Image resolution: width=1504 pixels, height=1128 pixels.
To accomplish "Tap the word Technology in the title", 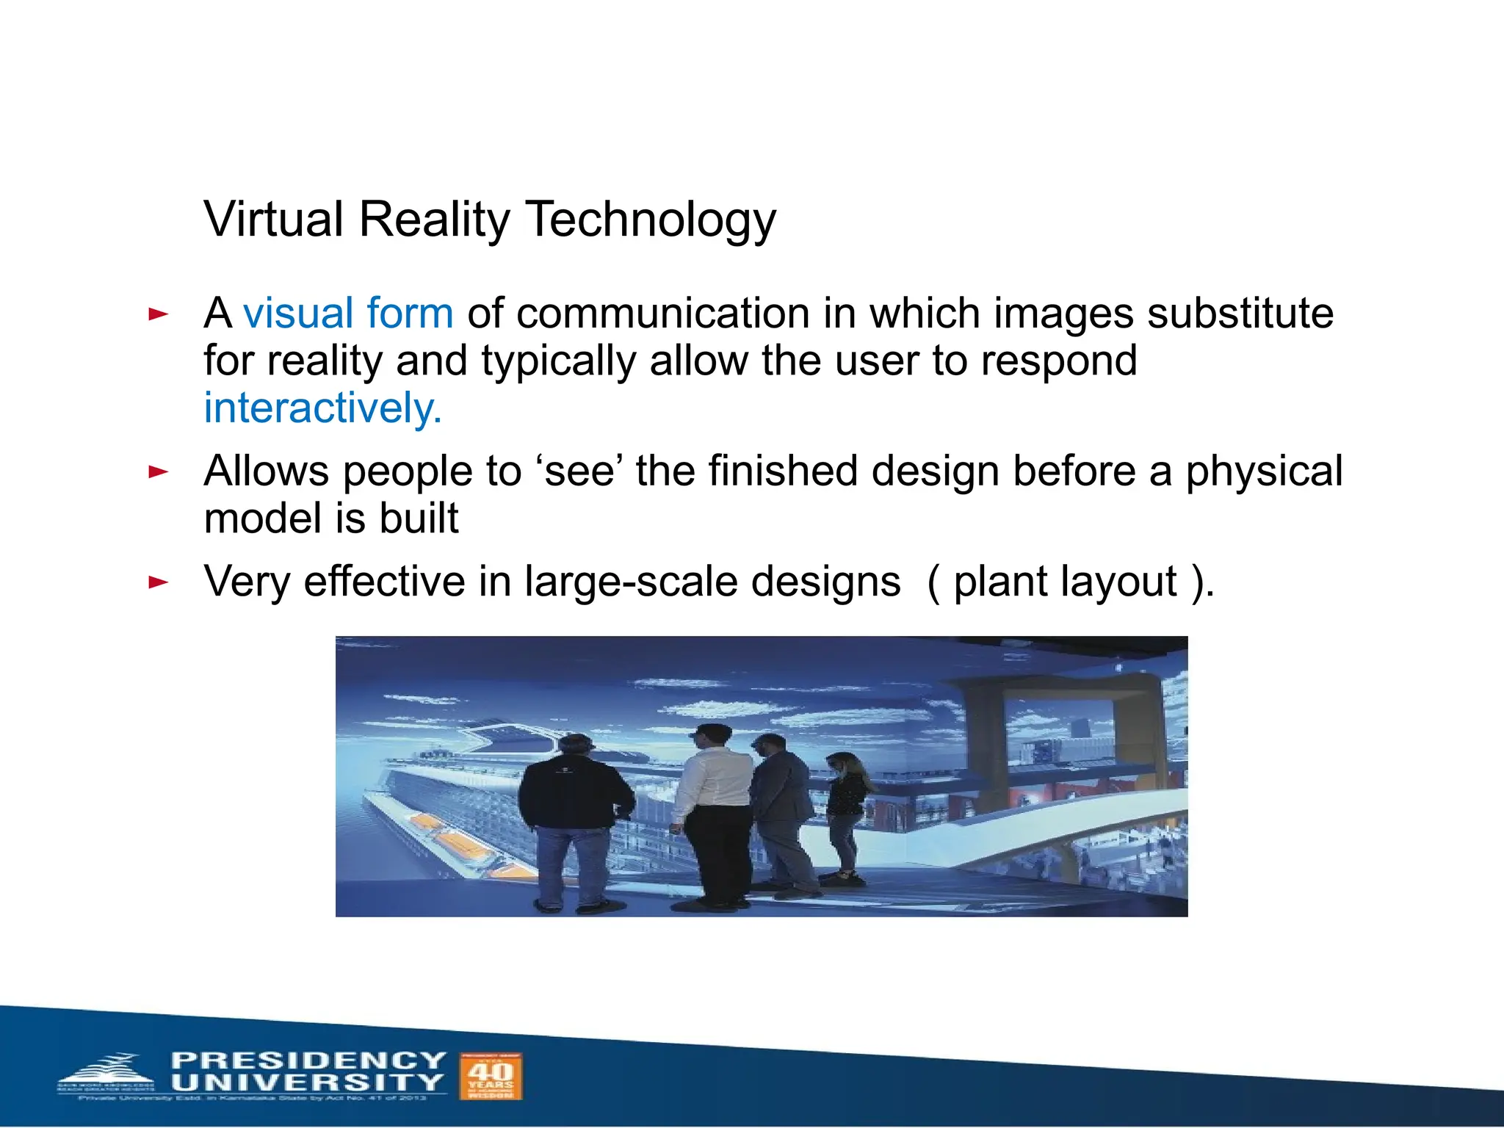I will tap(651, 220).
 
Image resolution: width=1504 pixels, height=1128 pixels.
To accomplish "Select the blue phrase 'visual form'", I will tap(348, 314).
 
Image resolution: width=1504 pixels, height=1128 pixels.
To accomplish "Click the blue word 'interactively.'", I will tap(323, 408).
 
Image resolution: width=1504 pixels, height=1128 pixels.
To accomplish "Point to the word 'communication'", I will tap(662, 314).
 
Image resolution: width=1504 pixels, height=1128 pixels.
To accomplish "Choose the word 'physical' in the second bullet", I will tap(1264, 471).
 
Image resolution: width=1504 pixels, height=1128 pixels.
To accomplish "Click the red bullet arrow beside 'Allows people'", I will tap(158, 471).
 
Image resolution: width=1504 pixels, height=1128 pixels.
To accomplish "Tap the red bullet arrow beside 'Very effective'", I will tap(158, 583).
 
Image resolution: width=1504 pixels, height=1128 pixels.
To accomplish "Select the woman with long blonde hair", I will tap(847, 808).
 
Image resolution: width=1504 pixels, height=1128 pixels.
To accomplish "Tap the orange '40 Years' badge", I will tap(490, 1076).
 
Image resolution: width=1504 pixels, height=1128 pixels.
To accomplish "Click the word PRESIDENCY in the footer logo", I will tap(308, 1060).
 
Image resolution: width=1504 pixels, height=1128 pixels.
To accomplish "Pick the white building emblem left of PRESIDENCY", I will tap(110, 1074).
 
